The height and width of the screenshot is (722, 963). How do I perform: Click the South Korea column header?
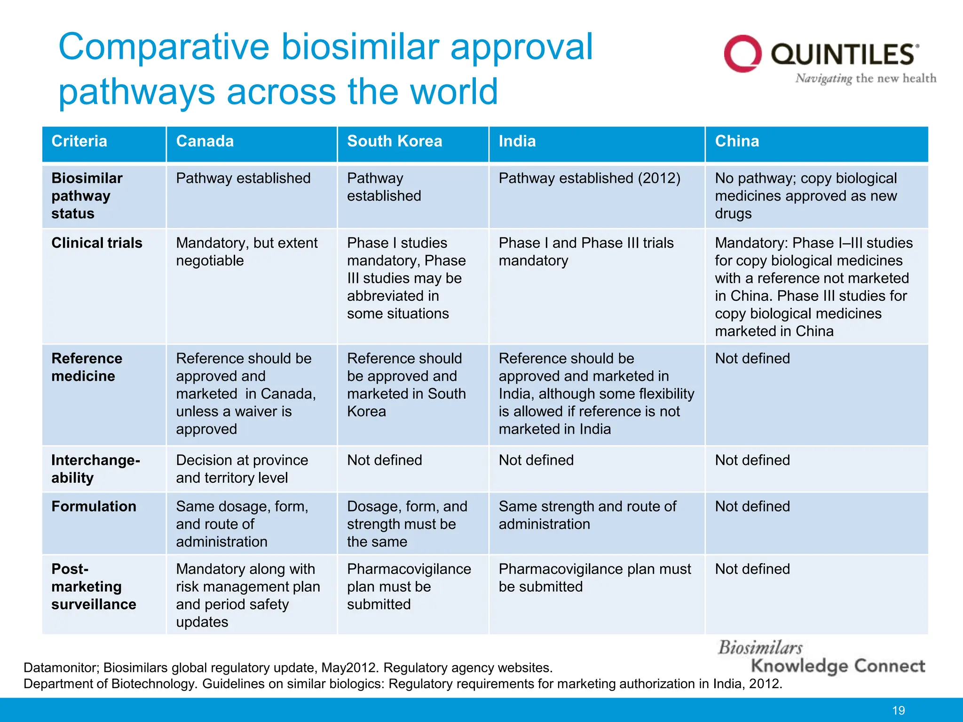coord(395,141)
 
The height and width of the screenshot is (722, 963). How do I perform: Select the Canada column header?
coord(205,141)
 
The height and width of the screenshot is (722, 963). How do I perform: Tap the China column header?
coord(737,141)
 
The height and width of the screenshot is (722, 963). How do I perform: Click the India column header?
coord(517,141)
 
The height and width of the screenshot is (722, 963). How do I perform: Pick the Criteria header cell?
coord(79,141)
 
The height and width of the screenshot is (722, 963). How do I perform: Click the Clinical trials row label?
coord(97,243)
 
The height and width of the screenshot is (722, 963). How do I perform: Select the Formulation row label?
coord(94,506)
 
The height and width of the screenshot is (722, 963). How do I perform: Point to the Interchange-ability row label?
coord(95,469)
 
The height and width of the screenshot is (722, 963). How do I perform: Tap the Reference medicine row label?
coord(87,367)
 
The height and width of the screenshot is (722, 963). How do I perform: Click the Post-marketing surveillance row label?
coord(94,587)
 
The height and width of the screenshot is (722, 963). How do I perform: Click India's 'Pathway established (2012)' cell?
coord(589,179)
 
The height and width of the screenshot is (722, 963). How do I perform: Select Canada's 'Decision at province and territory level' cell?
coord(242,469)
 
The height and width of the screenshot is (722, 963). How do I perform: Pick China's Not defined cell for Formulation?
coord(752,506)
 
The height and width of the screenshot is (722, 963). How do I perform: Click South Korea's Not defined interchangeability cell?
coord(384,460)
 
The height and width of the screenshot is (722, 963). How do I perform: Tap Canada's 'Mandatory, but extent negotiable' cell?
coord(246,251)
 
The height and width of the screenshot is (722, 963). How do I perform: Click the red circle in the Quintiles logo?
coord(742,54)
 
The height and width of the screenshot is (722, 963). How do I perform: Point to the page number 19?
coord(898,710)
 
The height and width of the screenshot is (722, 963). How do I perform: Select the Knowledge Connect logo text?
coord(837,666)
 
